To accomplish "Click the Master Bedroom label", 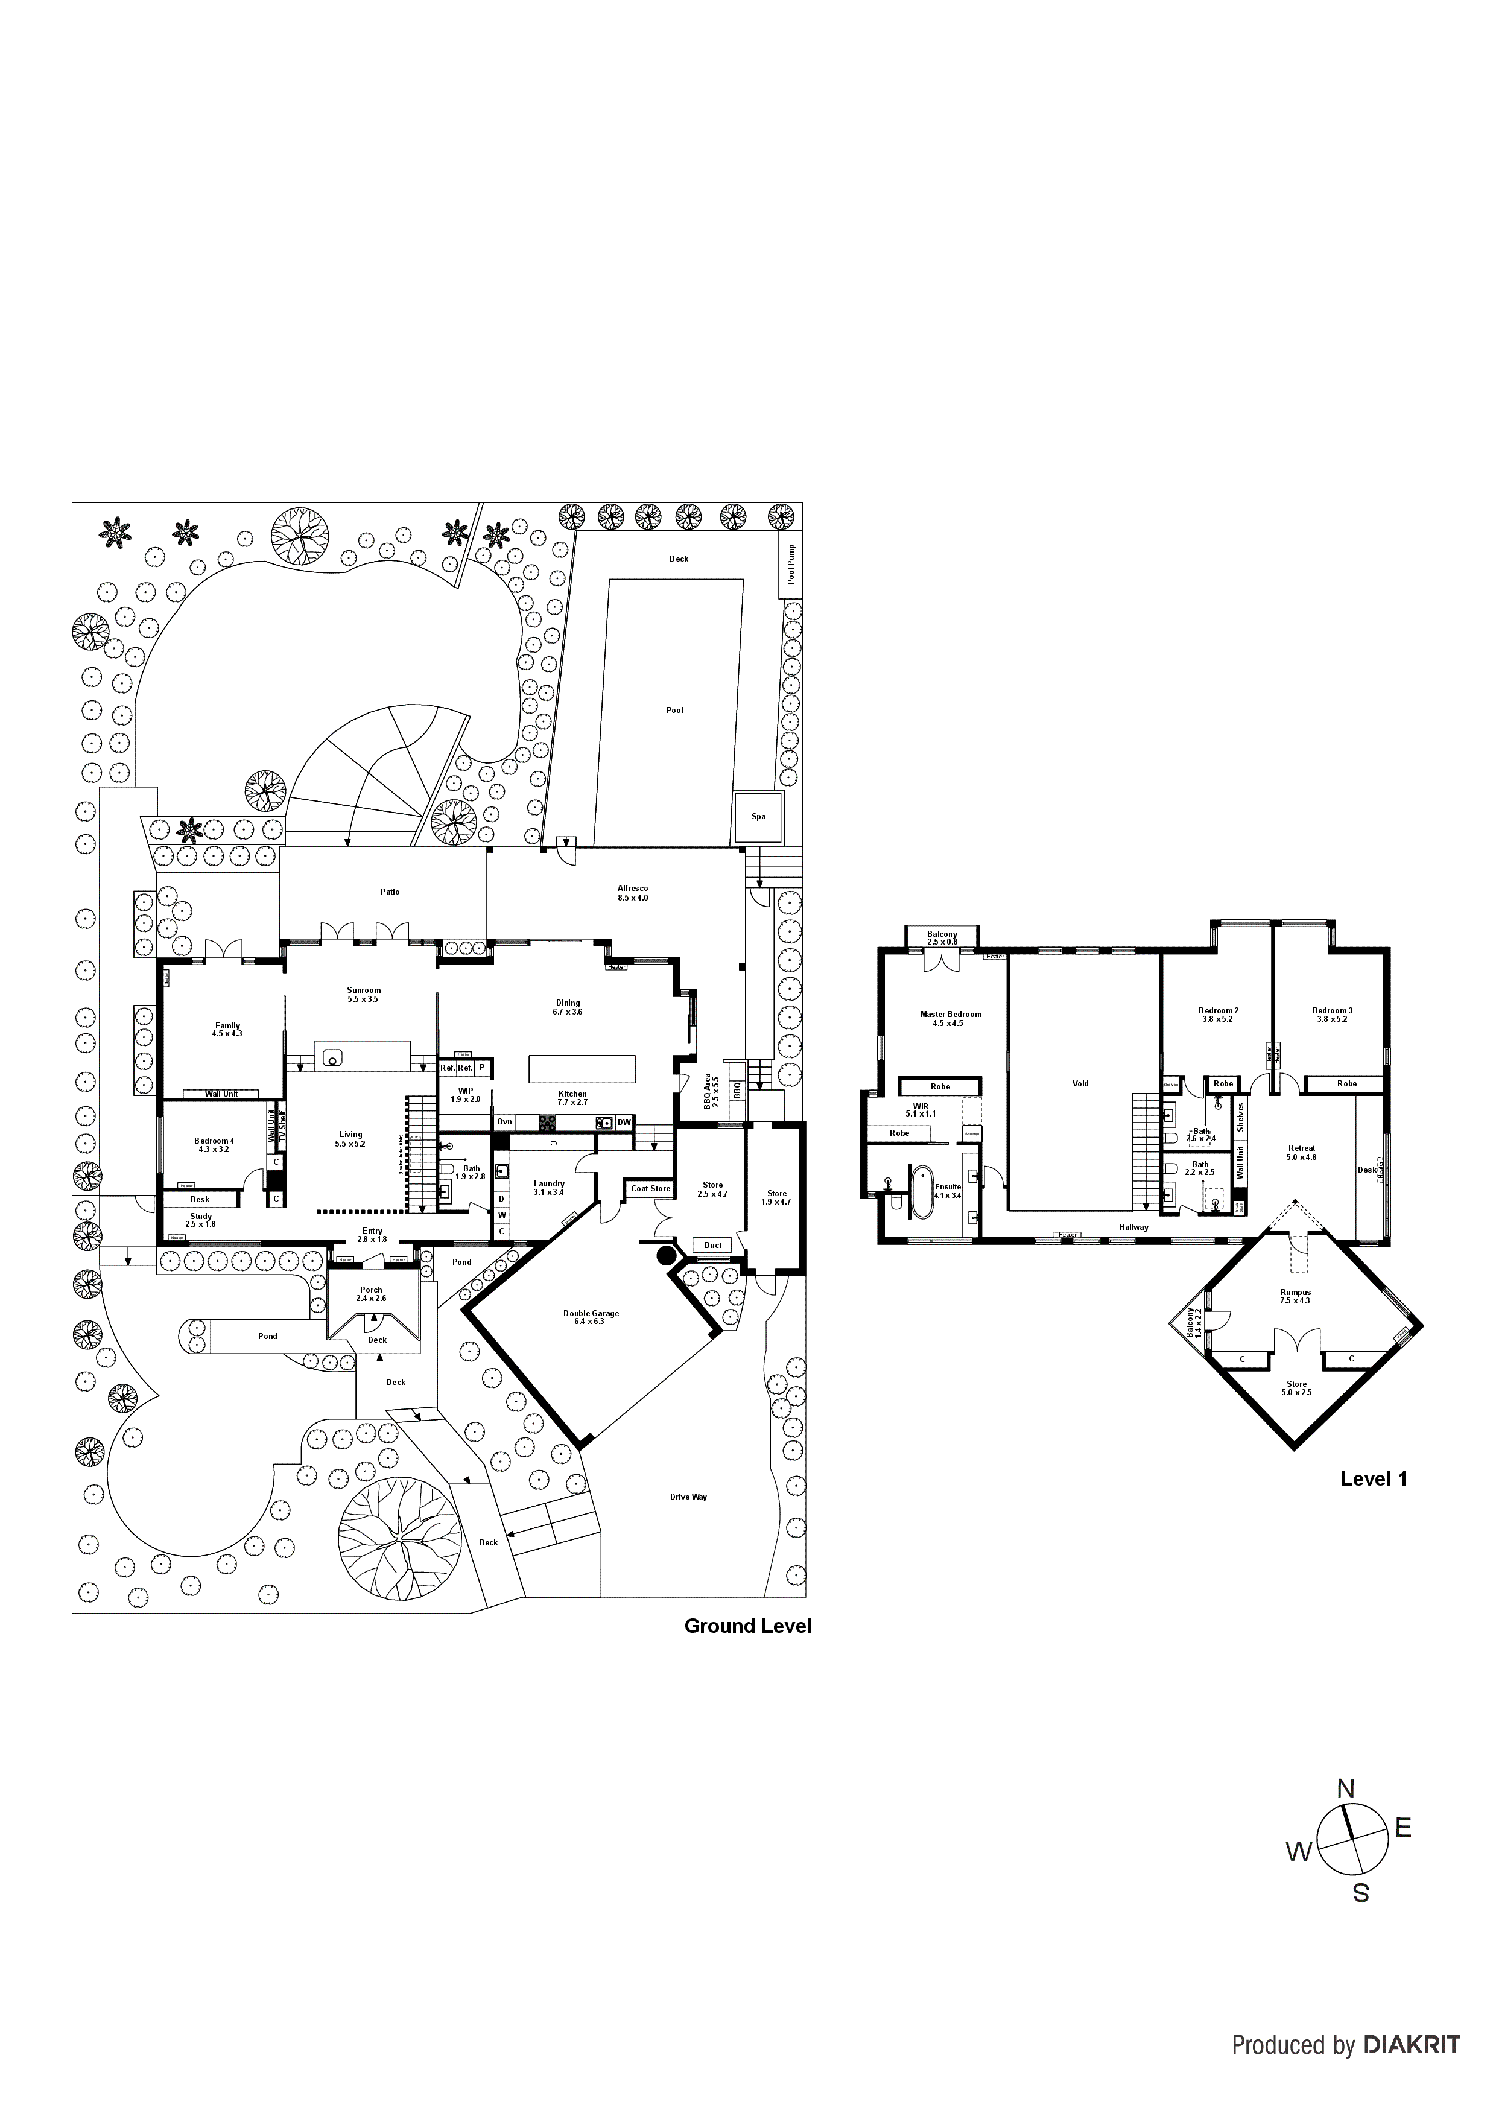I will coord(950,1018).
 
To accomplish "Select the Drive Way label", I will coord(688,1497).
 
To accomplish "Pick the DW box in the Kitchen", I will coord(624,1121).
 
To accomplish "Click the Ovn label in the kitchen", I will coord(504,1121).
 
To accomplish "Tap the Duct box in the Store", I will coord(712,1245).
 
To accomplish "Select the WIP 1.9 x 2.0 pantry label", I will coord(466,1095).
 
